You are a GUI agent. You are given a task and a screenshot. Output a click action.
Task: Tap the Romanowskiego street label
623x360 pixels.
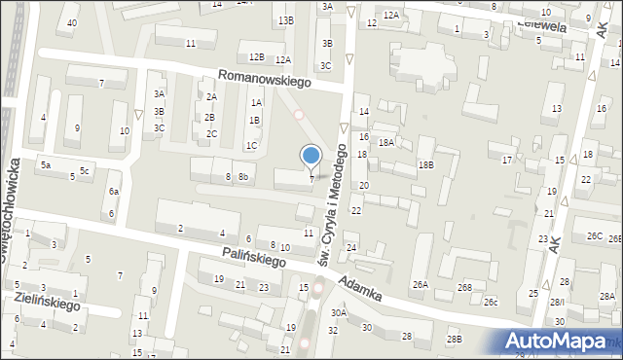point(264,78)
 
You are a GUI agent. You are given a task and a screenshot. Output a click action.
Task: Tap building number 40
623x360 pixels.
point(71,21)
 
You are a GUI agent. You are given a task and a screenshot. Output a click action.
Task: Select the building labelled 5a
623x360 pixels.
point(45,165)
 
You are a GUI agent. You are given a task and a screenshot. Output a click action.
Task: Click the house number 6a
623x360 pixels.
point(113,192)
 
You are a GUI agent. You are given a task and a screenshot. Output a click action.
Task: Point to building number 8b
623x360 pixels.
point(243,177)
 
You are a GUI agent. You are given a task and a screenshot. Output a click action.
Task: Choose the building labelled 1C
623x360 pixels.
point(251,146)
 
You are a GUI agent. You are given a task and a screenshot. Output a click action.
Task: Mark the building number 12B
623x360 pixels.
point(256,57)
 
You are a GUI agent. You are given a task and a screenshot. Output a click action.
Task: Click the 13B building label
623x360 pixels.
point(284,20)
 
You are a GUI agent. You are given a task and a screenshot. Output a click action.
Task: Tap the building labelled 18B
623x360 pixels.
point(425,165)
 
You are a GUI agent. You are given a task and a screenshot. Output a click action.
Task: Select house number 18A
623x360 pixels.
point(385,143)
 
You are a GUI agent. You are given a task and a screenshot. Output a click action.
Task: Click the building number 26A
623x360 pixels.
point(420,285)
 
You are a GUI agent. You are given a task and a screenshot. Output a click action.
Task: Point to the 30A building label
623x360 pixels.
point(338,312)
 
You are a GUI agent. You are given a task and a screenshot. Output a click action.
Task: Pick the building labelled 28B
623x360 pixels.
point(454,339)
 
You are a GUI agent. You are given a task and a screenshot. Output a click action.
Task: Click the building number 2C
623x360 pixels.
point(211,133)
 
